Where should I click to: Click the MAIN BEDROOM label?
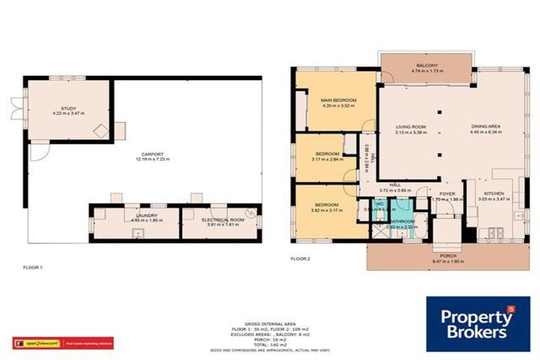338,101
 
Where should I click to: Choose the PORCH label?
446,256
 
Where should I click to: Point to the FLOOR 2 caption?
300,259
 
